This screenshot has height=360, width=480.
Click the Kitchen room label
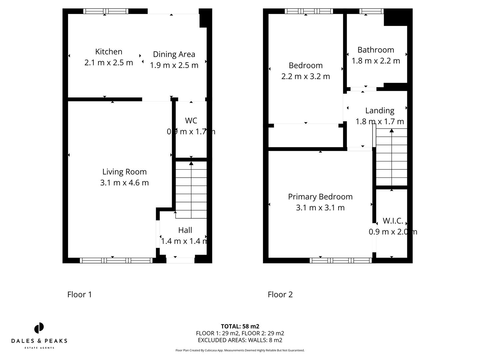[x=109, y=52]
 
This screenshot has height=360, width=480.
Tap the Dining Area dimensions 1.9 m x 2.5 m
[x=174, y=65]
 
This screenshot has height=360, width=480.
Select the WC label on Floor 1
[x=191, y=120]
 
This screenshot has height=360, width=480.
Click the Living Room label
[x=124, y=172]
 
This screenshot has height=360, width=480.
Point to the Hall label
[x=185, y=230]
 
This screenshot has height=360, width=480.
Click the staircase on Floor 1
[x=191, y=190]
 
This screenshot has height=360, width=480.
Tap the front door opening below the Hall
[x=180, y=260]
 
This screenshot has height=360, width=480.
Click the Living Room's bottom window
[x=116, y=260]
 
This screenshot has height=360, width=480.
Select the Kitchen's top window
[x=106, y=11]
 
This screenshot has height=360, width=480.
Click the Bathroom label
[x=376, y=50]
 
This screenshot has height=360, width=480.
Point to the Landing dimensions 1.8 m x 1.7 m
[x=380, y=121]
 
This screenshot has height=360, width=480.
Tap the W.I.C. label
[x=393, y=221]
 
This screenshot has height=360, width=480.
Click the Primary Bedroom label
[x=320, y=197]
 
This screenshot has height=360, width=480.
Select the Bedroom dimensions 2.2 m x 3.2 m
[x=306, y=76]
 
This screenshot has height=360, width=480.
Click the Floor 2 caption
[x=280, y=294]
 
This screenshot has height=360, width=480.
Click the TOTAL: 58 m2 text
[x=240, y=326]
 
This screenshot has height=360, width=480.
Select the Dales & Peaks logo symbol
[x=39, y=328]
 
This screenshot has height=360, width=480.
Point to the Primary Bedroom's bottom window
[x=341, y=260]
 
